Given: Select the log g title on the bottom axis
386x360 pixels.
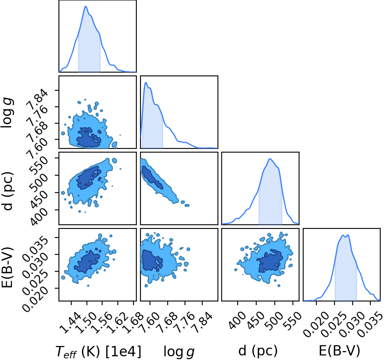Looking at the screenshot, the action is point(179,352).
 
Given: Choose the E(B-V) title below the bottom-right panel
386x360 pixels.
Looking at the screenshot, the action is point(339,351).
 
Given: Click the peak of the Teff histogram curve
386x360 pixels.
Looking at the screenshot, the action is point(86,6).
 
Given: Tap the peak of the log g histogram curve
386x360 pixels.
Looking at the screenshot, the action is point(145,82).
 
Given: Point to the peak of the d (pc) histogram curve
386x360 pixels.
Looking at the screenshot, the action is point(270,159).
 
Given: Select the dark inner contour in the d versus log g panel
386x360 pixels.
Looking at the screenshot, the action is point(152,176).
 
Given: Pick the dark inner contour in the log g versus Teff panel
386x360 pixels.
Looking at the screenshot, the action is point(89,137).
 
